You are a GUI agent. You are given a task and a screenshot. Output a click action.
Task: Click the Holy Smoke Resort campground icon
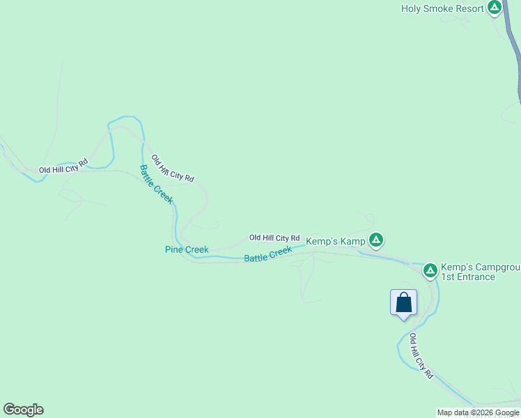(495, 8)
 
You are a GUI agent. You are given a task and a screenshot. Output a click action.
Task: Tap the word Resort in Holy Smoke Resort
(467, 8)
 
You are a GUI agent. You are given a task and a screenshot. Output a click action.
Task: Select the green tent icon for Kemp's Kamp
(376, 241)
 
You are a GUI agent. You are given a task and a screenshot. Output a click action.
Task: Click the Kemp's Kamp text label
(335, 241)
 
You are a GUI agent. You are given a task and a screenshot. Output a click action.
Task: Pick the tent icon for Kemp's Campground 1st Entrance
(430, 270)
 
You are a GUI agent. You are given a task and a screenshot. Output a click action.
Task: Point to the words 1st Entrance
(467, 277)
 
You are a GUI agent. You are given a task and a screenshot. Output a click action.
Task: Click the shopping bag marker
(403, 303)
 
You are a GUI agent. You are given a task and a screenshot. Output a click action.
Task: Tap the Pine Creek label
(187, 249)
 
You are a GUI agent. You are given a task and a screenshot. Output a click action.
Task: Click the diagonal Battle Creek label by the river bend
(156, 184)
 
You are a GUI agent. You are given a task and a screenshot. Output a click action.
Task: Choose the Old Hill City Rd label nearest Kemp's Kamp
(274, 238)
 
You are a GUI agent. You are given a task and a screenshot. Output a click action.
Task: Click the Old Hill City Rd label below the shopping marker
(421, 355)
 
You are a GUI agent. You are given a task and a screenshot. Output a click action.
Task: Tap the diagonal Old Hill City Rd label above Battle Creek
(172, 168)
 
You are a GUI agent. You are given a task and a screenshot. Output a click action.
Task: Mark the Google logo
(23, 410)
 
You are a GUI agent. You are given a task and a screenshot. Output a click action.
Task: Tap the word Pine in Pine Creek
(174, 249)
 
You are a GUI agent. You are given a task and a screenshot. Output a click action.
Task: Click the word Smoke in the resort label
(437, 8)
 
